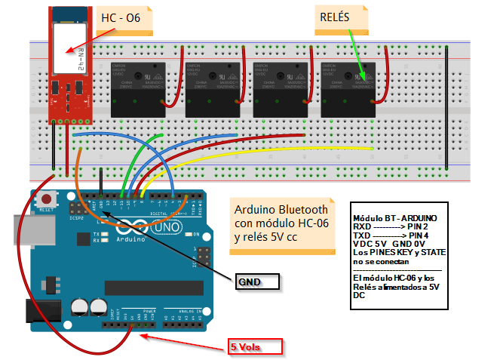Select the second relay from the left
click(x=213, y=89)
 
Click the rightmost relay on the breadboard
click(x=349, y=89)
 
